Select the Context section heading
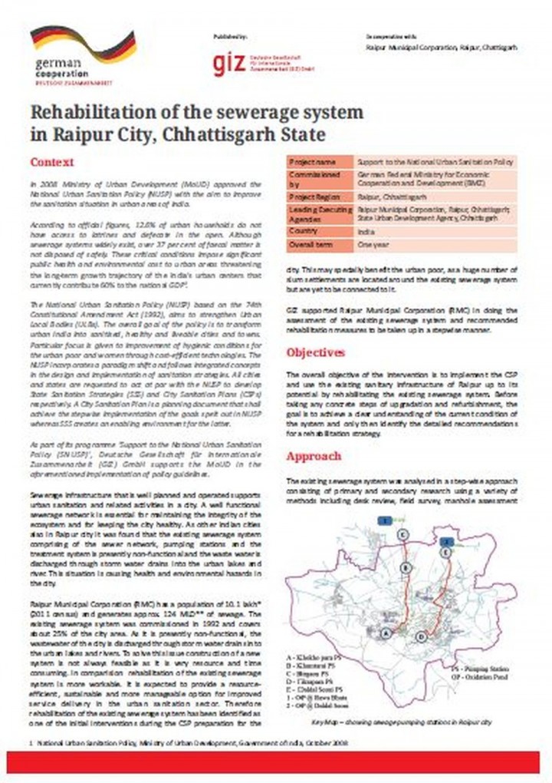51,163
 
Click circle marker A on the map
388,633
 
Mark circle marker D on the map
420,636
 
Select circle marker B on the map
404,567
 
